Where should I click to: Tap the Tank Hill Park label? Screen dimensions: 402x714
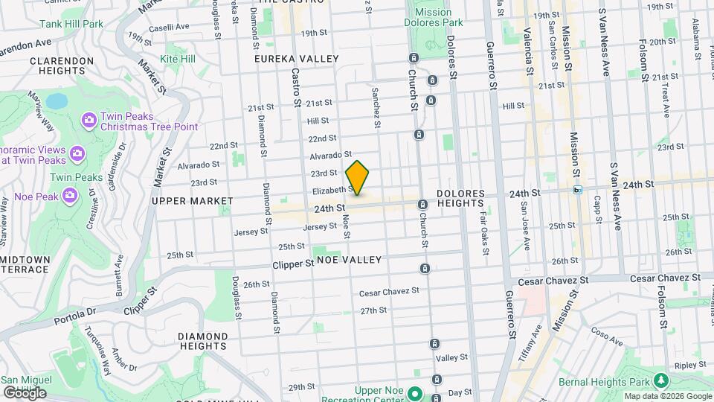(72, 24)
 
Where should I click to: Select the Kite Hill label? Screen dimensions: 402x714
(178, 58)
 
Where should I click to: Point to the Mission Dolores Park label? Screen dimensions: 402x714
(433, 18)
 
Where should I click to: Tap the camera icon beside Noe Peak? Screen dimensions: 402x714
(70, 195)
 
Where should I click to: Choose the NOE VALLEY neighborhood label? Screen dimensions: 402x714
(349, 260)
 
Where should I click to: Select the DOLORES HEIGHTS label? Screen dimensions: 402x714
(460, 198)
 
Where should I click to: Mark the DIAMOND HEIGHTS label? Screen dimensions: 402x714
(202, 341)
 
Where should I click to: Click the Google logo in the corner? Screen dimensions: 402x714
(24, 392)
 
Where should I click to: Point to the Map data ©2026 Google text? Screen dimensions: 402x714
(667, 396)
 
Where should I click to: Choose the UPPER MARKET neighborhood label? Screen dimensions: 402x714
(181, 200)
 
